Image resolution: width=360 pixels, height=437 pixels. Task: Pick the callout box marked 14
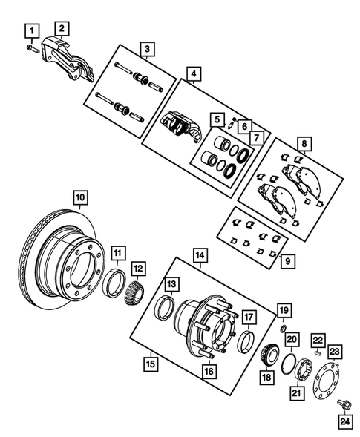coord(200,254)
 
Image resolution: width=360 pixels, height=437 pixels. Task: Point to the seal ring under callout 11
coord(118,283)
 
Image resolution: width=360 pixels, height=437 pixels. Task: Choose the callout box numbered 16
coord(209,370)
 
